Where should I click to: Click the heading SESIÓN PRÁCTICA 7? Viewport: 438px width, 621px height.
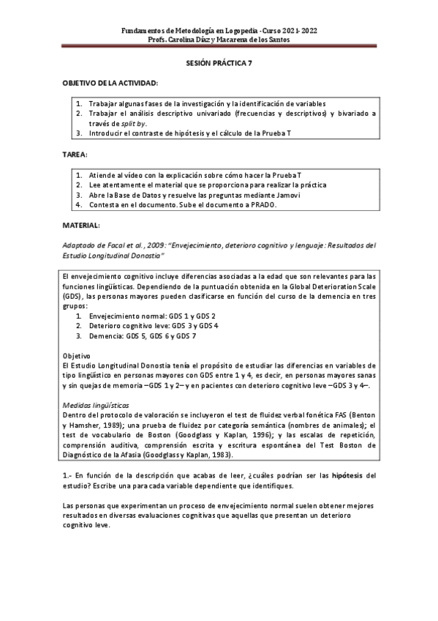click(x=219, y=64)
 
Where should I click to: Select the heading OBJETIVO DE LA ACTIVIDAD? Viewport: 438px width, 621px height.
click(x=110, y=83)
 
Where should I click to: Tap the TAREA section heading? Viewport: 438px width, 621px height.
click(x=75, y=155)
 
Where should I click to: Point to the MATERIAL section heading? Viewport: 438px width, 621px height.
click(x=81, y=226)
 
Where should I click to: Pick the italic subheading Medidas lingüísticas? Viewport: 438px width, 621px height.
click(x=96, y=404)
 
